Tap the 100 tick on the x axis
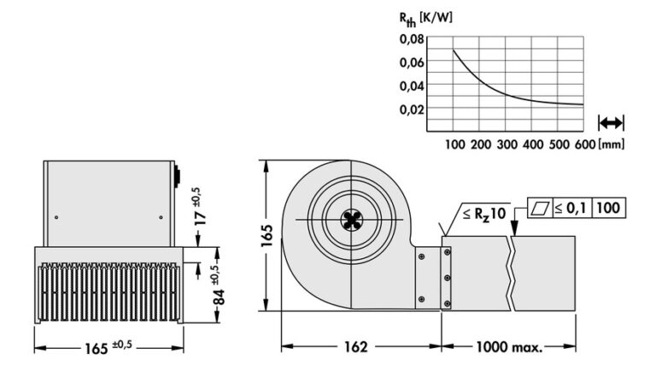tap(455, 144)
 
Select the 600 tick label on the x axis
tap(583, 144)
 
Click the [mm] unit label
tap(612, 144)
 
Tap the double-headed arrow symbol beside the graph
tap(612, 122)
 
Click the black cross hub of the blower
tap(350, 220)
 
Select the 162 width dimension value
tap(356, 347)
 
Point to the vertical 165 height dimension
tap(267, 233)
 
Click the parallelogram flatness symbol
tap(539, 208)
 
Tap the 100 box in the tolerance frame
tap(607, 208)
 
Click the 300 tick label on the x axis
tap(507, 144)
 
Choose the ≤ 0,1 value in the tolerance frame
tap(570, 208)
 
